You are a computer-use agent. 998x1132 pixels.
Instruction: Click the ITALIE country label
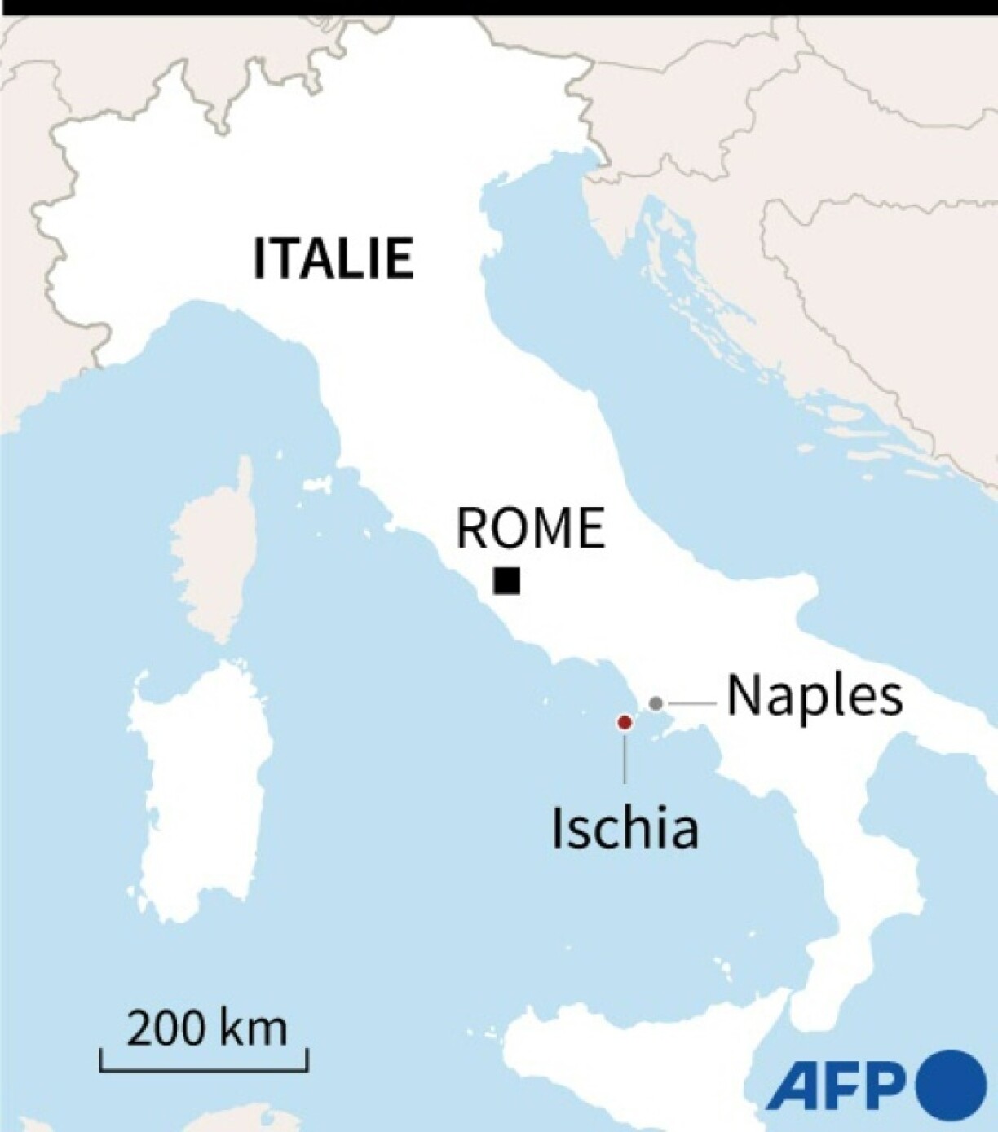[333, 258]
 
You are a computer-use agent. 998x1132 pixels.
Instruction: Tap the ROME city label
[530, 528]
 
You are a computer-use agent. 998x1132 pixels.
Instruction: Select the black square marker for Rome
[506, 581]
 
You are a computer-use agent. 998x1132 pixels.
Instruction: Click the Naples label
[815, 696]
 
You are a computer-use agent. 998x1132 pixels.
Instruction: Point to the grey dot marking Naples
[656, 703]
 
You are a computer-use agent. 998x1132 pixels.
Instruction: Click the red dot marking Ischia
[625, 722]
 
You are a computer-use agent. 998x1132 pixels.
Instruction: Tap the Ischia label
[625, 828]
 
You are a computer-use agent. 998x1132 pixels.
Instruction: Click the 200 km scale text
[206, 1028]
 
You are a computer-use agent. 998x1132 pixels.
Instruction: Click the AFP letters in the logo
[837, 1085]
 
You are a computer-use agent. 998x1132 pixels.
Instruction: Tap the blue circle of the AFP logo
[951, 1085]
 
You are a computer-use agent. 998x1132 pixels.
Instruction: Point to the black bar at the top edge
[499, 7]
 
